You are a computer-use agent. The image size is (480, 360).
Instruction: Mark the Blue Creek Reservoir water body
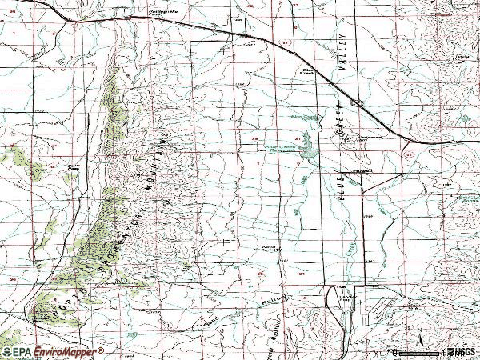pos(309,152)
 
